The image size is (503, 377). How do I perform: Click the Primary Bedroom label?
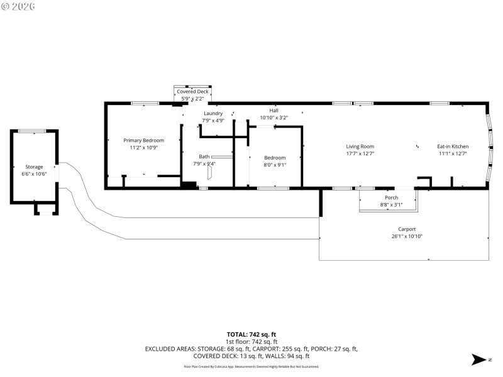[143, 140]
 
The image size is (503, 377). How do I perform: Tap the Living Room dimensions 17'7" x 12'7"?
[360, 154]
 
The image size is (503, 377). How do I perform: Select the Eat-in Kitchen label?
[453, 146]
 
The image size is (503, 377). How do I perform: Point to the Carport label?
[407, 229]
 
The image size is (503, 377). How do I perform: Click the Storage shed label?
[34, 167]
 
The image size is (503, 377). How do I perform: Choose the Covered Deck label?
[192, 92]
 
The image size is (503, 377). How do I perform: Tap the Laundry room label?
[213, 113]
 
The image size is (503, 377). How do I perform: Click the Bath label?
[204, 156]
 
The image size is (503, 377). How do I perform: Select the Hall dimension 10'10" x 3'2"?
[274, 117]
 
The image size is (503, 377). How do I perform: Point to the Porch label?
[391, 197]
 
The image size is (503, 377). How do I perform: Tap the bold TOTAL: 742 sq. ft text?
[251, 334]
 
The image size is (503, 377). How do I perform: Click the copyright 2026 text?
[18, 6]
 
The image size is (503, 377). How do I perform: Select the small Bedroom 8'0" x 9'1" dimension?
[275, 165]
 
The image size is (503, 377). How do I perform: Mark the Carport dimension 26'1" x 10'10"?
[407, 236]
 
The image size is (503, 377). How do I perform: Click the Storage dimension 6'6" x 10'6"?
[34, 173]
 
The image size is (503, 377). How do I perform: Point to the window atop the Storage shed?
[31, 131]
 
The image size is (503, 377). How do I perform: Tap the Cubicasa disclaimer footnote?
[251, 366]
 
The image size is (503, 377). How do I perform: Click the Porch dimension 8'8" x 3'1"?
[391, 205]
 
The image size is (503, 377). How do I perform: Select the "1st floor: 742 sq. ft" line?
[251, 341]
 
